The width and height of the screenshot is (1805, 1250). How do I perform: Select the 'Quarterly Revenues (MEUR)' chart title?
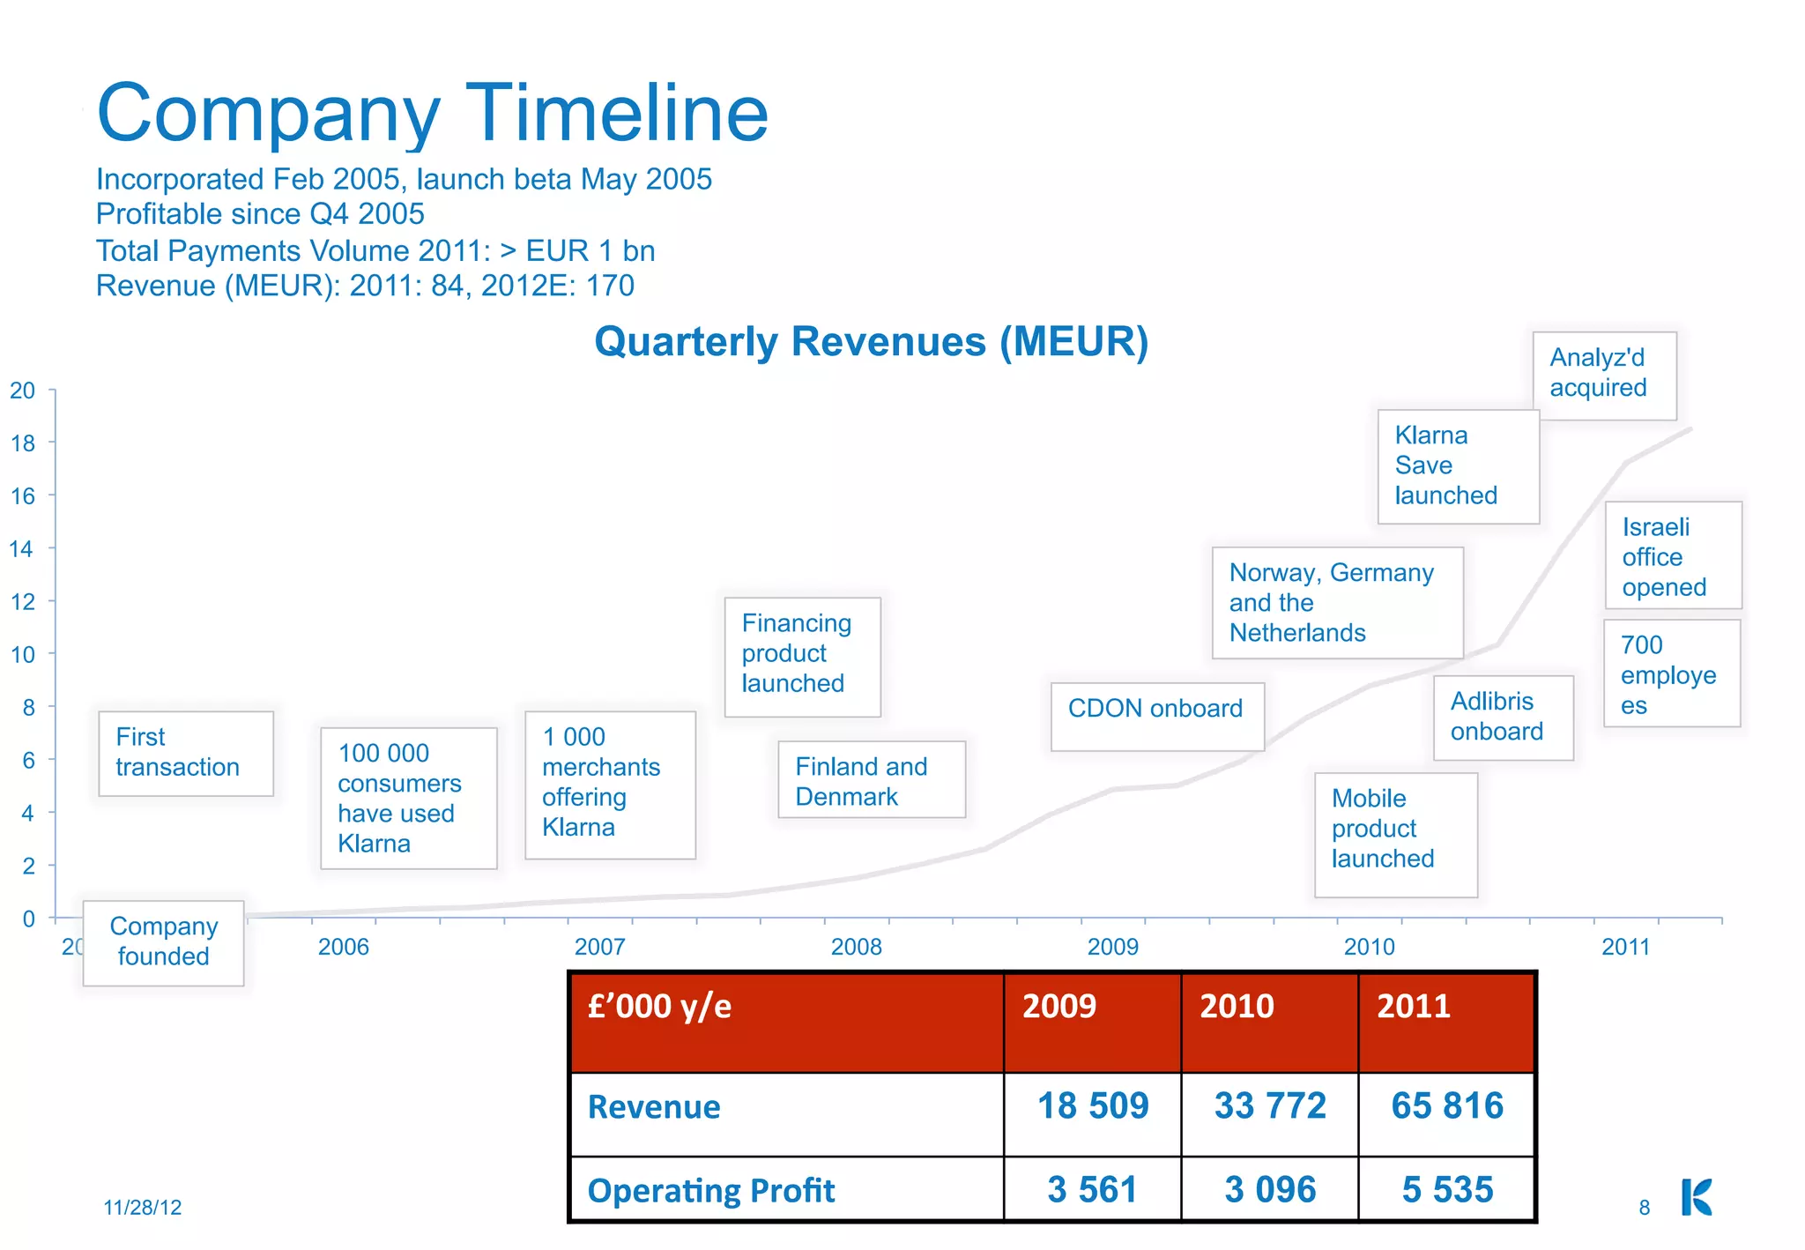pos(871,342)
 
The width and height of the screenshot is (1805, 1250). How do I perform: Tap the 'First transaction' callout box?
pos(185,753)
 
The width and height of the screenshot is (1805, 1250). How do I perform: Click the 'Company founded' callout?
pos(163,941)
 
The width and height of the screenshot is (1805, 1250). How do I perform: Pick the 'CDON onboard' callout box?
pos(1156,715)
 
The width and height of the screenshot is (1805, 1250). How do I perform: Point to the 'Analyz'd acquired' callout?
pos(1604,375)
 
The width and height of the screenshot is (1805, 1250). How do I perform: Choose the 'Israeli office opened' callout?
pos(1672,555)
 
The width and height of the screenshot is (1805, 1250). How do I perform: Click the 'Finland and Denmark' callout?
pos(871,780)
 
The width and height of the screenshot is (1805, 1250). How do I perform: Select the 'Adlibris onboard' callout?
pos(1503,717)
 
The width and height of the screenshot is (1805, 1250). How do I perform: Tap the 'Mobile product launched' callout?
pos(1394,834)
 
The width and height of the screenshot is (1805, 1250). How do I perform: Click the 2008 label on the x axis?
pos(856,947)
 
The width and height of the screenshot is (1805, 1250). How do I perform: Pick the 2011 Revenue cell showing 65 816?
pos(1446,1106)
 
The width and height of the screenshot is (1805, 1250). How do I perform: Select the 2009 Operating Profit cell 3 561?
pos(1092,1190)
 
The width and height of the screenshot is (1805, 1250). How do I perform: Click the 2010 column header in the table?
pos(1237,1007)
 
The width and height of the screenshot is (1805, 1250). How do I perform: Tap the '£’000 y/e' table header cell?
pos(659,1007)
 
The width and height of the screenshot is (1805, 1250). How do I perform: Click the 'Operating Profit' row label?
pos(710,1191)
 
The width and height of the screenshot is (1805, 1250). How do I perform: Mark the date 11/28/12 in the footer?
pos(143,1208)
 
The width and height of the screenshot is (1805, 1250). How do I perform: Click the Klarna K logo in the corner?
pos(1696,1197)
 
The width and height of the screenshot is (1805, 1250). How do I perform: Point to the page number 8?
pos(1644,1208)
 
